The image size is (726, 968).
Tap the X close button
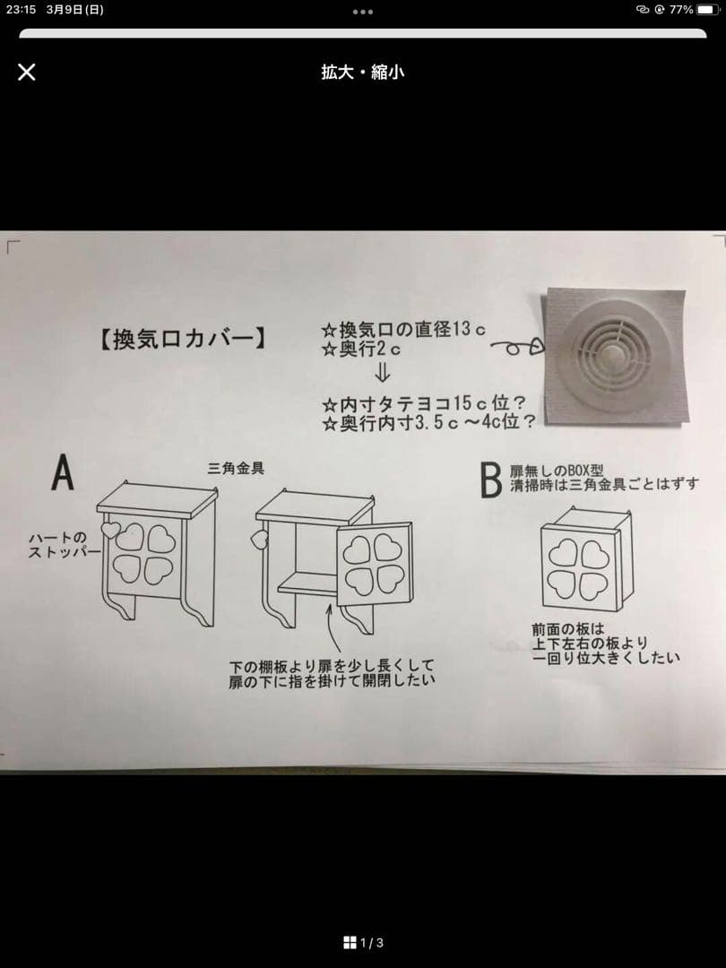[27, 72]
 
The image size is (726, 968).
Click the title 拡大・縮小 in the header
[362, 72]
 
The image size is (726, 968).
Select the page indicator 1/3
[363, 942]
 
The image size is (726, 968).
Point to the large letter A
[62, 473]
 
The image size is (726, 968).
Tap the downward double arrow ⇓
[383, 373]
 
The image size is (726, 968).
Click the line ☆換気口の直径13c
[403, 330]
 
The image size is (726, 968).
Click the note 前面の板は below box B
[568, 629]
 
